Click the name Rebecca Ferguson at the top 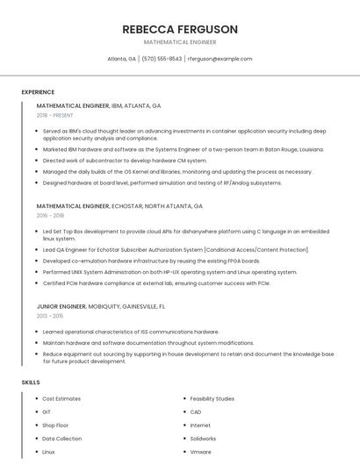pos(180,29)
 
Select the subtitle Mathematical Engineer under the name pos(180,42)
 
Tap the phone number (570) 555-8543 pos(162,59)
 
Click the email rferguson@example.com pos(220,59)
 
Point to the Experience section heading pos(38,91)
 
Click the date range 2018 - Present pos(55,116)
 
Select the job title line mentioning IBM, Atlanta pos(98,105)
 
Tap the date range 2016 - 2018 pos(50,216)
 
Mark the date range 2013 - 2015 pos(50,316)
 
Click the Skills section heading pos(31,383)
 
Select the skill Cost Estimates pos(61,399)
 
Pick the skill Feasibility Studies pos(212,399)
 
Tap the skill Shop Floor pos(57,426)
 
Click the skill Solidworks pos(203,439)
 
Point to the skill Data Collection pos(62,439)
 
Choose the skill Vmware pos(200,452)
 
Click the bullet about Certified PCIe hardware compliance pos(156,283)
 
